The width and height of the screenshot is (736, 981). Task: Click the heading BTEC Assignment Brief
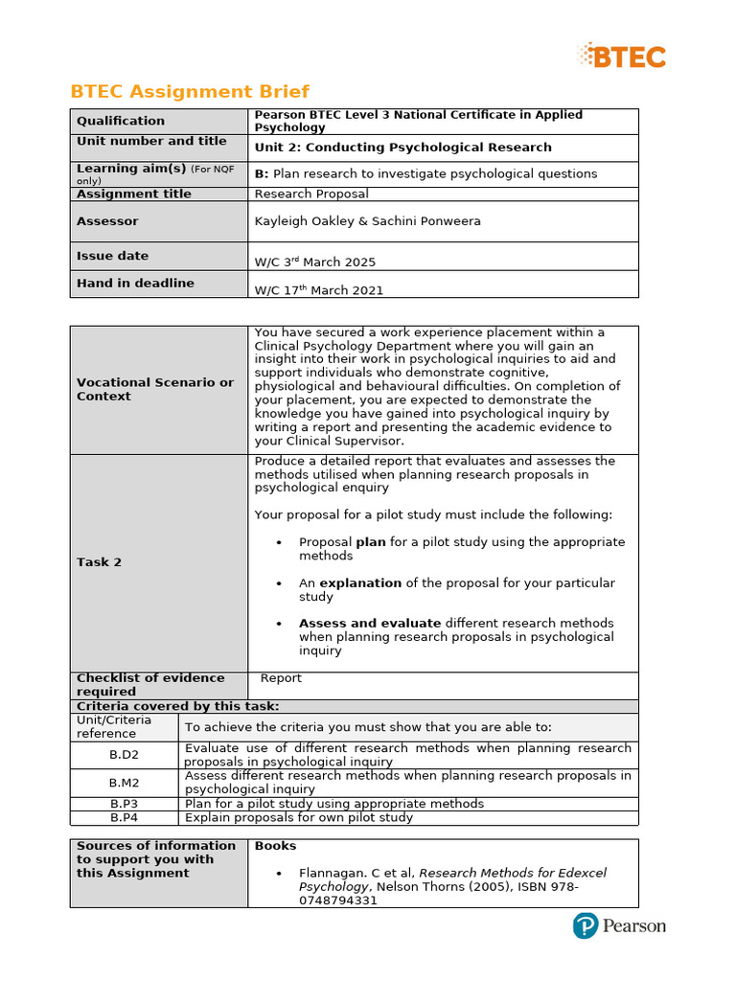coord(190,92)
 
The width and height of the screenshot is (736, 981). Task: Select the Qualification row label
coord(121,121)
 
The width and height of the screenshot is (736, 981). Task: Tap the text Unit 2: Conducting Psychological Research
coord(402,148)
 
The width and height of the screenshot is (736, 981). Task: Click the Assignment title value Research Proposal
coord(311,194)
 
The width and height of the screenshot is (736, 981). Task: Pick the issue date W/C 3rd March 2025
coord(315,262)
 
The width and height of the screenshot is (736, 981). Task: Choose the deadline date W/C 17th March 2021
coord(318,290)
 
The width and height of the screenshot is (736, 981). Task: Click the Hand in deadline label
coord(135,284)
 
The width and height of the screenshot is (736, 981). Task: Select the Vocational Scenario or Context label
coord(155,389)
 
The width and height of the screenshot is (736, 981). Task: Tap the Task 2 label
coord(99,562)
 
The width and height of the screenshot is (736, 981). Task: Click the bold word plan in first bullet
coord(370,542)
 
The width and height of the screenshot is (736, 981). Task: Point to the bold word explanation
coord(360,583)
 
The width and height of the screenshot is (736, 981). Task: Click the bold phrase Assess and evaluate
coord(370,624)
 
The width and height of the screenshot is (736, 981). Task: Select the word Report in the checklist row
coord(281,678)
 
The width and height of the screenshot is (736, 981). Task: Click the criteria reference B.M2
coord(125,783)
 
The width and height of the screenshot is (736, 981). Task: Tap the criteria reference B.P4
coord(125,818)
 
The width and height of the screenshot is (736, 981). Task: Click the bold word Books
coord(275,846)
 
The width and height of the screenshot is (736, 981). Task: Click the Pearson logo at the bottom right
coord(619,926)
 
